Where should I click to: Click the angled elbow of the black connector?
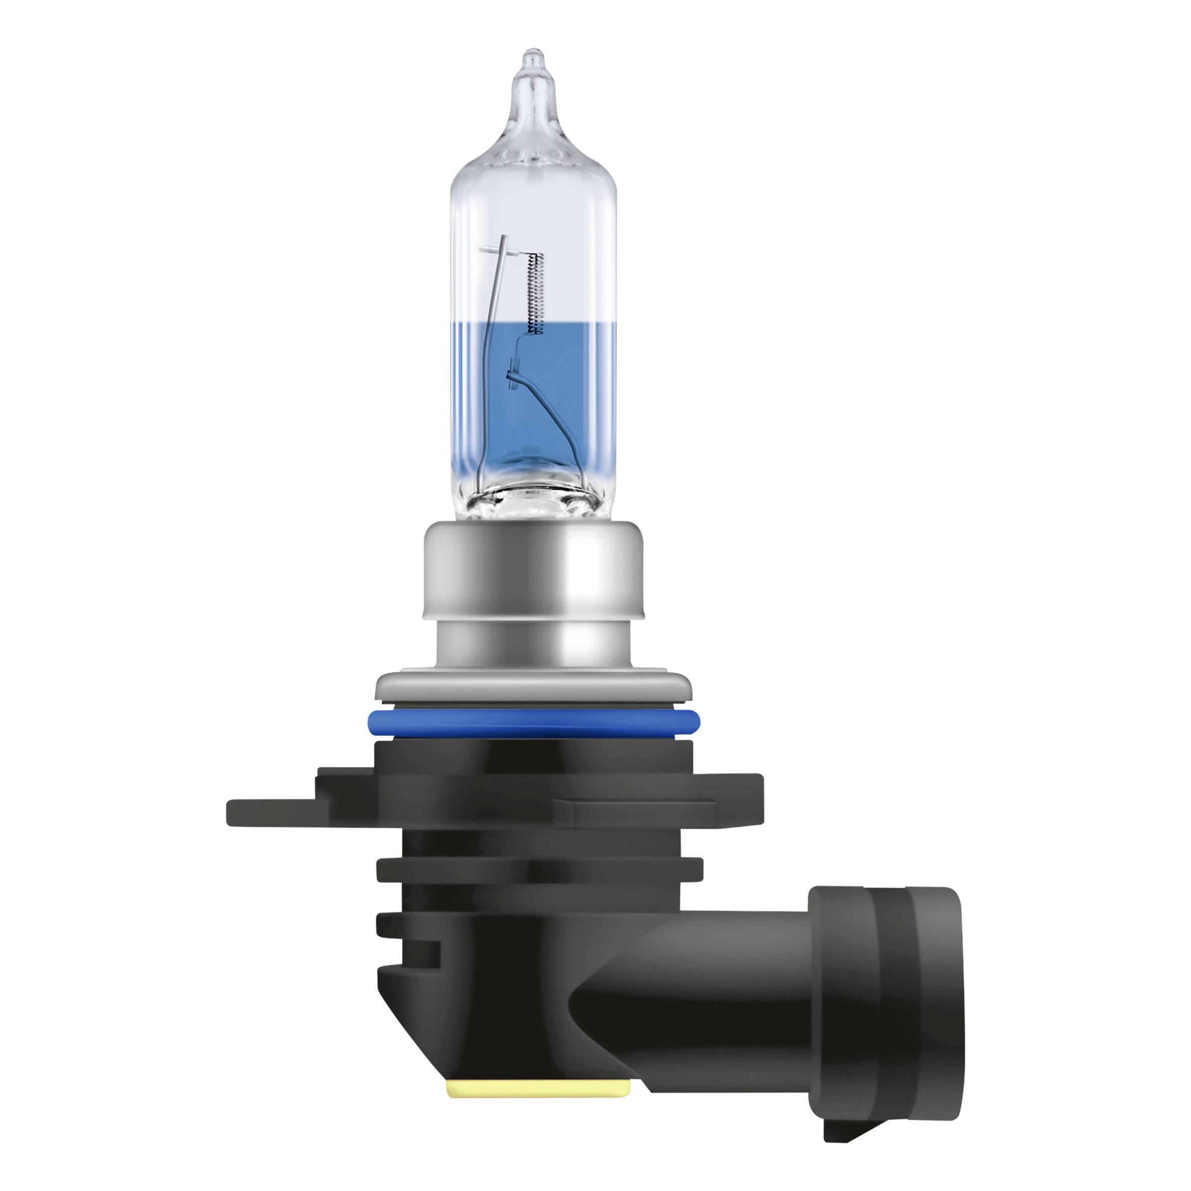pyautogui.click(x=616, y=1011)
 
